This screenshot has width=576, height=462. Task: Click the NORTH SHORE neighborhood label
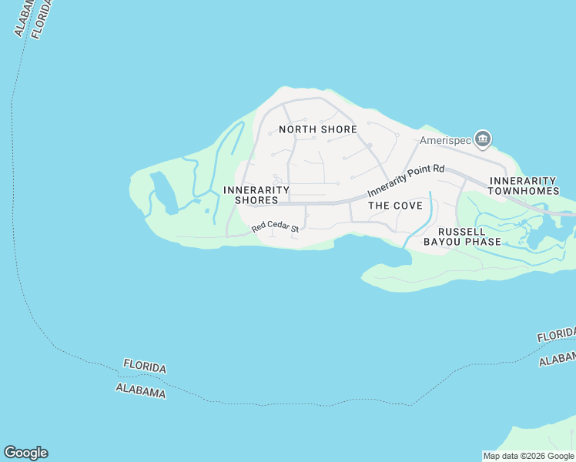pos(317,129)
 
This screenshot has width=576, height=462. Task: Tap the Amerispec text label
pos(444,141)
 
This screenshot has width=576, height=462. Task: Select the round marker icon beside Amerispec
pos(483,139)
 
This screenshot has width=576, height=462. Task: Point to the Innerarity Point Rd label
pos(406,180)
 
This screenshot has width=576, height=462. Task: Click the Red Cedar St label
pos(274,228)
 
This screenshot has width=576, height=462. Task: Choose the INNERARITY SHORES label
pos(256,195)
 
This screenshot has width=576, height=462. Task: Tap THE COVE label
pos(395,206)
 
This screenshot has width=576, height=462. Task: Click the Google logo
pos(25,453)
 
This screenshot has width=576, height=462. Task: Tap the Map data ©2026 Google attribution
pos(528,456)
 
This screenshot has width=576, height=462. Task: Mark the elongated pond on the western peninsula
pos(163,192)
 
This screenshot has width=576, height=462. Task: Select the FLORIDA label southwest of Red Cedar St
pos(144,367)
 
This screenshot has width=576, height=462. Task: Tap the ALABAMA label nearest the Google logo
pos(140,390)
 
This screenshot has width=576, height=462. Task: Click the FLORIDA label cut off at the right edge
pos(556,336)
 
